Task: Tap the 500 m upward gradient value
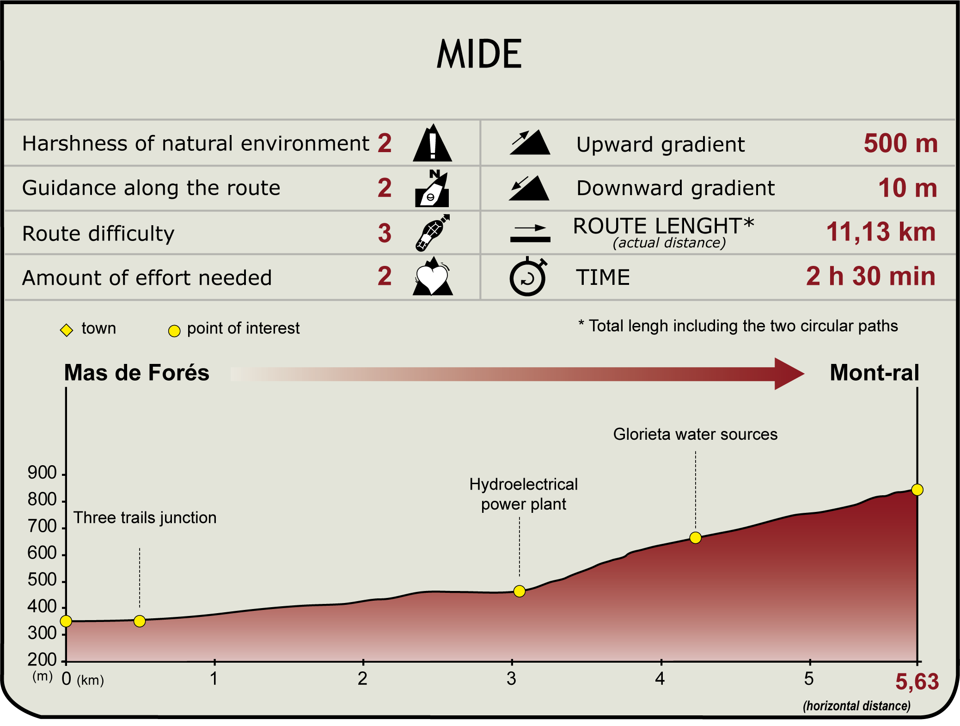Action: click(901, 143)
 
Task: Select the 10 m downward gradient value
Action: click(908, 188)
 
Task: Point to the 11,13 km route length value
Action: click(881, 232)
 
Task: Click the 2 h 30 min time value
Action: click(871, 276)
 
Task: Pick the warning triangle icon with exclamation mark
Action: click(432, 143)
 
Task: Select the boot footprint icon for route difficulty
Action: click(432, 233)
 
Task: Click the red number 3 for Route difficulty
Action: click(385, 233)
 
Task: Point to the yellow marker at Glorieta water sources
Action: click(695, 538)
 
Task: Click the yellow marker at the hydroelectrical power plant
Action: click(520, 591)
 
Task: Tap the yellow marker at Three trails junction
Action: click(140, 621)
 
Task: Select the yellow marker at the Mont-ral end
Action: click(917, 490)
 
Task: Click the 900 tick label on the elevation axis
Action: click(42, 473)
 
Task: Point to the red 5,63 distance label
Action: click(917, 682)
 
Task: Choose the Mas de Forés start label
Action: click(137, 373)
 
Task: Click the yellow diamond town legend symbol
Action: click(67, 330)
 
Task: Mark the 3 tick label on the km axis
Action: click(511, 679)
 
